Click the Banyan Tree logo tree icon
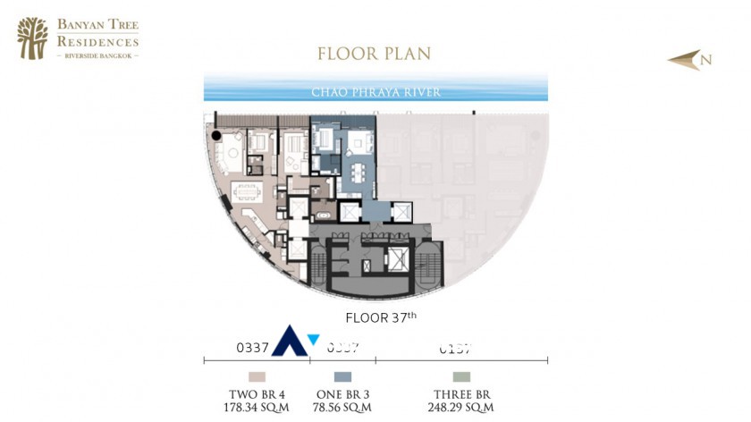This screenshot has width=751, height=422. pos(32,38)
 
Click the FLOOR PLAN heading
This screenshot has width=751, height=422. pos(374,54)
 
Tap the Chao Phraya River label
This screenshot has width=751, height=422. pos(375,92)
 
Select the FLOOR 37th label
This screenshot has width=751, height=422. pos(381,317)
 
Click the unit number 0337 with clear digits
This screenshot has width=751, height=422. pos(253,348)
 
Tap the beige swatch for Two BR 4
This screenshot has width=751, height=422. pos(257,377)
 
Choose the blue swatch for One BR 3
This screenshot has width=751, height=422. pos(343,377)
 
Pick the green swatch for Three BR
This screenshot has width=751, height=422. pos(461,377)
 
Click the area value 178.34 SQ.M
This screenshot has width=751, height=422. pos(257,408)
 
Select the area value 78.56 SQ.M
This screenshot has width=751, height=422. pos(343,408)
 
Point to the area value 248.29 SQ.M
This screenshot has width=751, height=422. pos(461,408)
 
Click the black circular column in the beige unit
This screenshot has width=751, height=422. pos(215,136)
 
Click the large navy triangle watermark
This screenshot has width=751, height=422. pos(289,343)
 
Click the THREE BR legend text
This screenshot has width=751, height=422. pos(461,394)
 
